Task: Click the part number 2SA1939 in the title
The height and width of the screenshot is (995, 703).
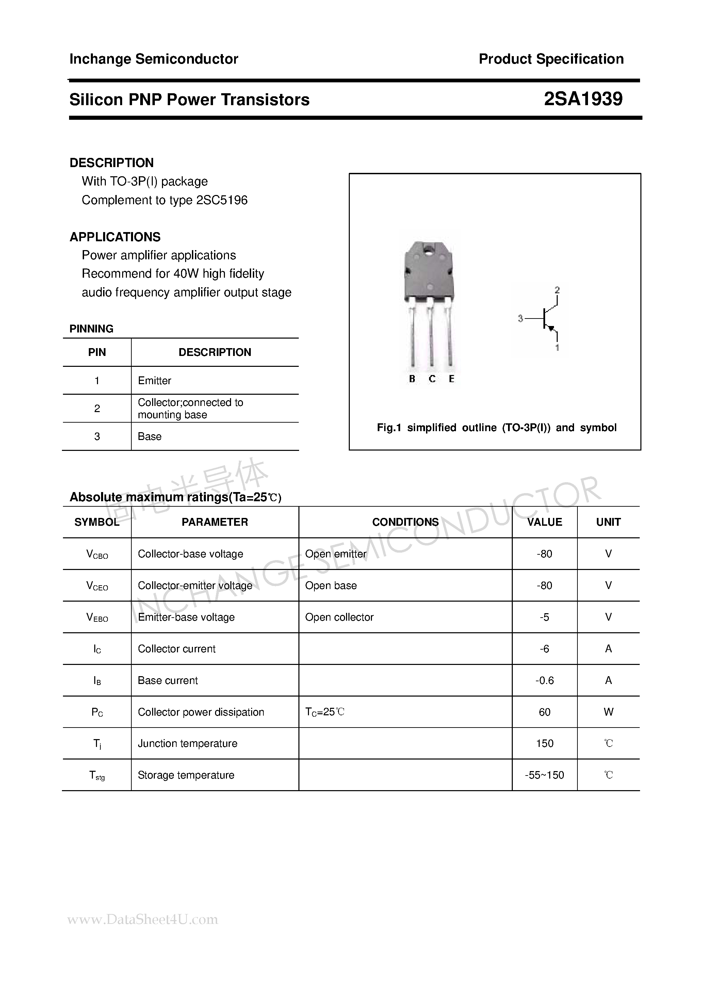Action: click(583, 99)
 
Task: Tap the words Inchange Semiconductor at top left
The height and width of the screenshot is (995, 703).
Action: click(153, 59)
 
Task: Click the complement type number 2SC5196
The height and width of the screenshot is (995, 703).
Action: click(222, 200)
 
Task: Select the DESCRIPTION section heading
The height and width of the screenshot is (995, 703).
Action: click(111, 163)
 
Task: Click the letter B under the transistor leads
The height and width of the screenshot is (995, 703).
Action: click(412, 379)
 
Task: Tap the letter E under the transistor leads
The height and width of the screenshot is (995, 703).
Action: click(451, 379)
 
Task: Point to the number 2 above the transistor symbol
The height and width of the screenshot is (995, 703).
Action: click(557, 290)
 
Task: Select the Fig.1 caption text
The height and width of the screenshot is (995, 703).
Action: click(496, 428)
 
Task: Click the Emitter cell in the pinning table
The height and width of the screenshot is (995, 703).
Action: click(154, 380)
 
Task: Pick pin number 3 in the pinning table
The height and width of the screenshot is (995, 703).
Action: click(97, 436)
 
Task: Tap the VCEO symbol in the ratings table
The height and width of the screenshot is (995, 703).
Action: click(97, 586)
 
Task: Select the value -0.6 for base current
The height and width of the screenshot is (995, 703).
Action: click(544, 680)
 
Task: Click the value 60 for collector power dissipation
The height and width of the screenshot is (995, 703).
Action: click(544, 712)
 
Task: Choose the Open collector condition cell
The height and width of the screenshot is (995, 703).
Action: click(339, 617)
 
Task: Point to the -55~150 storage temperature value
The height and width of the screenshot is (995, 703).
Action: click(544, 775)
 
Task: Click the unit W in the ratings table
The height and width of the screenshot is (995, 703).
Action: click(608, 712)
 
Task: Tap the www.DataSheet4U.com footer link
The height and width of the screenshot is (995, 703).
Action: click(143, 919)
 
